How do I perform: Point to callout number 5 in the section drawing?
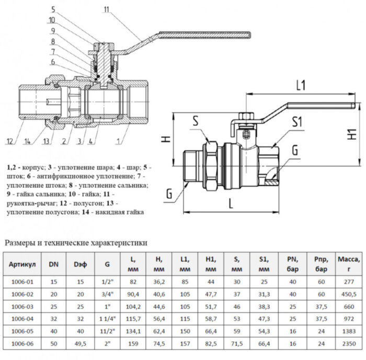pos(53,9)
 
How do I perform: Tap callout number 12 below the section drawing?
pos(10,141)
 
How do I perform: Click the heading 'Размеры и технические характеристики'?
pos(76,243)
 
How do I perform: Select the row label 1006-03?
pos(22,306)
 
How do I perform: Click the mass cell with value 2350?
pos(347,344)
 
